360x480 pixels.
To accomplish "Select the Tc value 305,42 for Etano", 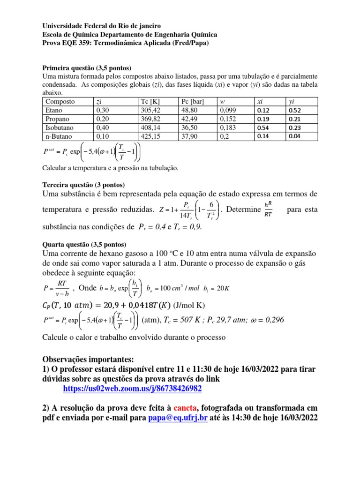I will coord(150,110).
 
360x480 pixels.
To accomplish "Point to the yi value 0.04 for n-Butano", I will coord(294,136).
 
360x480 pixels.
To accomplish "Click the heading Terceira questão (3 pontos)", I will coord(83,185).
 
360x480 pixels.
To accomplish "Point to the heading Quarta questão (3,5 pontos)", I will coord(84,244).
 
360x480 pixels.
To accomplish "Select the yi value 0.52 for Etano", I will coord(294,110).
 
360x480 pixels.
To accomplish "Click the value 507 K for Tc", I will coord(202,320).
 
